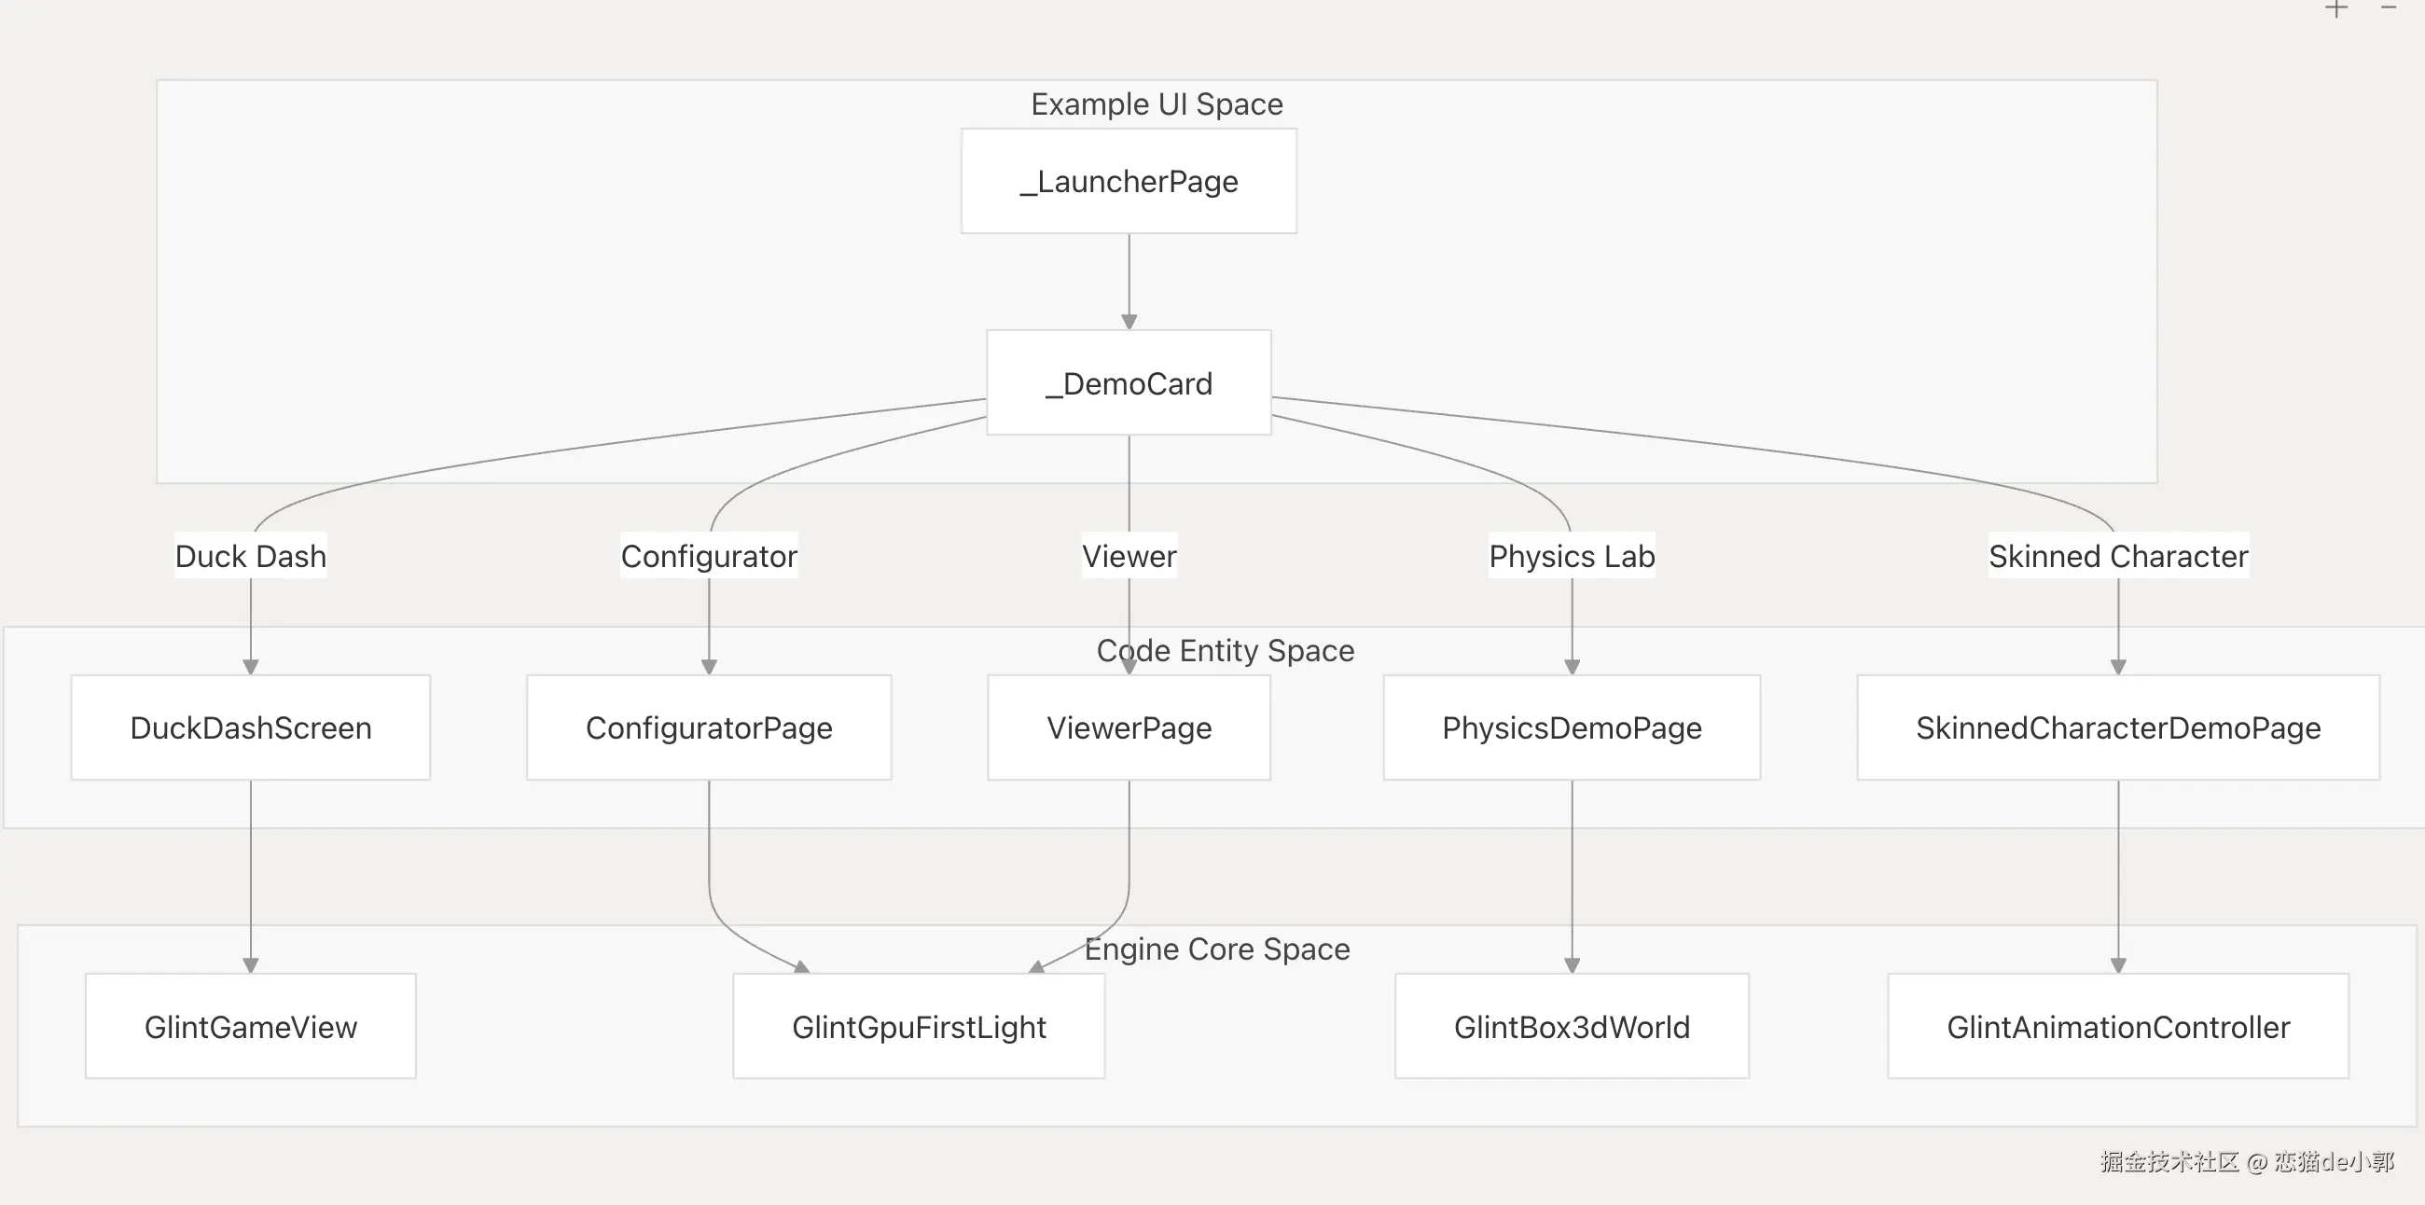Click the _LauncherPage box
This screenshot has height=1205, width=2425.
tap(1129, 181)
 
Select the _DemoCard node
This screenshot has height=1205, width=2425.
tap(1129, 382)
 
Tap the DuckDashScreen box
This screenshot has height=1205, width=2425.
tap(250, 727)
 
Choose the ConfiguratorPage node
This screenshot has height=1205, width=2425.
tap(709, 727)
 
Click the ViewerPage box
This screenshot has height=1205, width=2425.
tap(1129, 727)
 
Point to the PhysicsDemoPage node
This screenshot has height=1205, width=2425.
tap(1573, 727)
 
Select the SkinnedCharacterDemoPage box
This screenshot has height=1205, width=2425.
tap(2118, 727)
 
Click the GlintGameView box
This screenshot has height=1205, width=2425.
tap(250, 1026)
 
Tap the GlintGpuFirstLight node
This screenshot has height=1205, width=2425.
tap(919, 1026)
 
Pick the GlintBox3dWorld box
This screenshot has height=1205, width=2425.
tap(1573, 1026)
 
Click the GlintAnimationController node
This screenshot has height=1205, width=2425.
tap(2118, 1026)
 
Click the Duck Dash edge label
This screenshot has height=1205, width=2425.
tap(250, 556)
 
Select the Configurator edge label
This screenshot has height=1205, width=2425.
tap(709, 556)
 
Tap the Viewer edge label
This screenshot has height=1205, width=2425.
tap(1129, 556)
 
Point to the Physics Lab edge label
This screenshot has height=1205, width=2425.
tap(1573, 556)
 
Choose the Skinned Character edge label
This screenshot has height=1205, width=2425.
tap(2118, 556)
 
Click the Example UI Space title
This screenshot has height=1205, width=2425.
tap(1157, 104)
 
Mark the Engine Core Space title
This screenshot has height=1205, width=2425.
tap(1217, 949)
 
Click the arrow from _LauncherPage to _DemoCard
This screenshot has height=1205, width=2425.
tap(1129, 282)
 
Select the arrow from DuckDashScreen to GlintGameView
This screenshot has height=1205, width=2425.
tap(250, 877)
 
